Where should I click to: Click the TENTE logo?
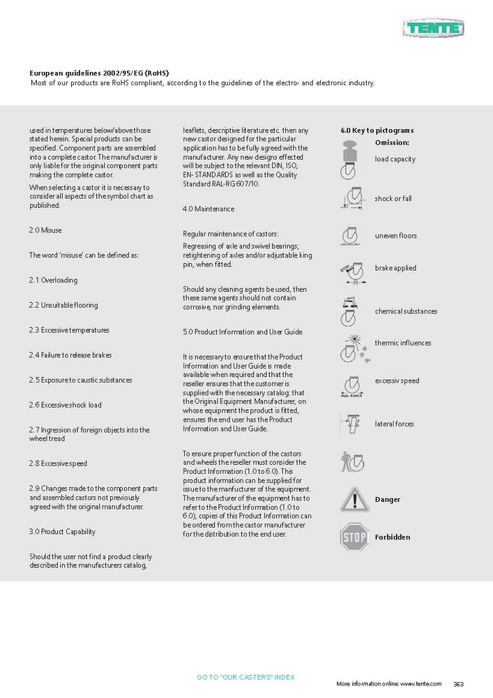coord(433,29)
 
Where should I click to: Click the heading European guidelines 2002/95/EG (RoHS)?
coord(99,73)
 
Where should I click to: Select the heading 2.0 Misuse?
coord(45,230)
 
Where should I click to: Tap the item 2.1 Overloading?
coord(53,281)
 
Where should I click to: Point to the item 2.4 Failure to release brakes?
coord(70,355)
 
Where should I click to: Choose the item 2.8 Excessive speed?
coord(58,463)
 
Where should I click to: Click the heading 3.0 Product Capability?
coord(62,532)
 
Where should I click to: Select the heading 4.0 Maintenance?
coord(208,209)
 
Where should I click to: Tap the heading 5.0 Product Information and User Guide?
coord(243,332)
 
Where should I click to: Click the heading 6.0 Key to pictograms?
coord(377,131)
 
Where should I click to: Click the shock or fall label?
coord(393,199)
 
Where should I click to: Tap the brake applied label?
coord(395,268)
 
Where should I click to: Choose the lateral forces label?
coord(394,424)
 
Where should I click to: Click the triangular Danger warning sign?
coord(354,500)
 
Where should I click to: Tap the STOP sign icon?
coord(354,537)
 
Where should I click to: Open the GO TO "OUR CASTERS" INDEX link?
coord(246,678)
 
